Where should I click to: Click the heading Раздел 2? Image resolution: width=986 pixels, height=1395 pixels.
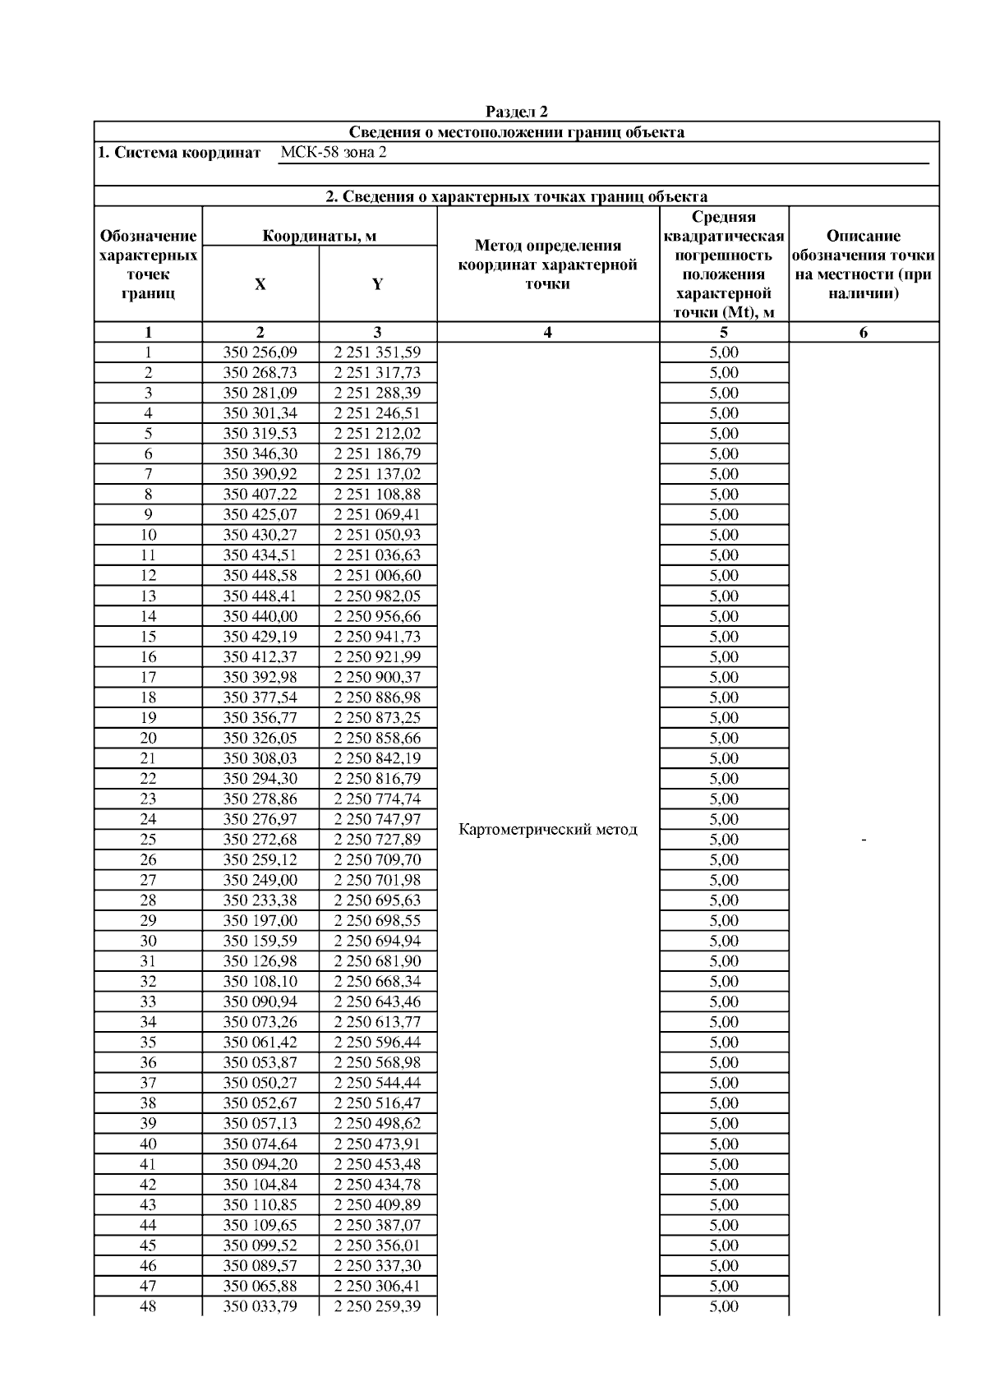[516, 112]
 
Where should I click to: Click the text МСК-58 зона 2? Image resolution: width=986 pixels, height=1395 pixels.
[334, 153]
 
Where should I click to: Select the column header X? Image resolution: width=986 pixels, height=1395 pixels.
[260, 284]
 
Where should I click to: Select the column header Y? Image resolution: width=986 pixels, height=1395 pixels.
[377, 284]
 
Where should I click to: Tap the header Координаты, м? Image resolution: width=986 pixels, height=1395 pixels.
[320, 237]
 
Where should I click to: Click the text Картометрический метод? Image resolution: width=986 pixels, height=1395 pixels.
[548, 830]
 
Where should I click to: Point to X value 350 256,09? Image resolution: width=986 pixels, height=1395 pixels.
[260, 352]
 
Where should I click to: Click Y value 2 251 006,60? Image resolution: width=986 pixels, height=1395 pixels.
[377, 576]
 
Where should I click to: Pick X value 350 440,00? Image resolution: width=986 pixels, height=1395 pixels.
[260, 616]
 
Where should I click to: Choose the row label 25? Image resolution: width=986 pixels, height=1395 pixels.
[148, 840]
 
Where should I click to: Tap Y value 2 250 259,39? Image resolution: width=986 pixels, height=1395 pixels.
[377, 1306]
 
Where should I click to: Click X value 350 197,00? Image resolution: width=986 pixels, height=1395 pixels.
[260, 921]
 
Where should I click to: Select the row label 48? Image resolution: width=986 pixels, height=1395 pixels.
[148, 1306]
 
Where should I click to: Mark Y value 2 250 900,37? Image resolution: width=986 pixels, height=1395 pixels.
[377, 677]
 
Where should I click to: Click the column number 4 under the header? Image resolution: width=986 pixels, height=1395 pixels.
[548, 333]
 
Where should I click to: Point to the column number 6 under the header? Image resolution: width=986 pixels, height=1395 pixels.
[864, 333]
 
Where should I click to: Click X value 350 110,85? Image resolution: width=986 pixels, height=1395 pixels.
[260, 1205]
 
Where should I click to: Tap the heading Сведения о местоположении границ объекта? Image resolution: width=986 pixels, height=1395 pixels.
[516, 132]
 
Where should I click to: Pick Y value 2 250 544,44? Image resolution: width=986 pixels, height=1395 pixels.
[377, 1083]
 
